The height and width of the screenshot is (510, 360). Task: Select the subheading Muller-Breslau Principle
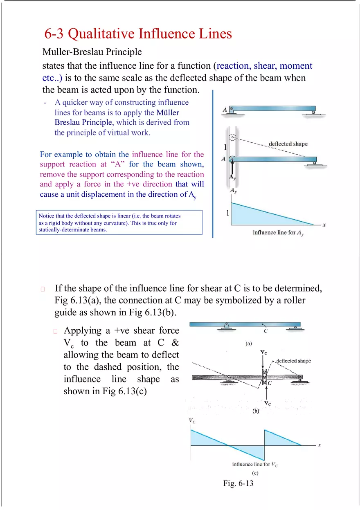coord(92,52)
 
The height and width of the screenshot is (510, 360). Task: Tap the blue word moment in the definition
coord(296,66)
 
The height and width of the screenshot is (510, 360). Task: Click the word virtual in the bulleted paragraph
coord(117,133)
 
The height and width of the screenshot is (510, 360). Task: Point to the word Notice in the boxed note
coord(47,216)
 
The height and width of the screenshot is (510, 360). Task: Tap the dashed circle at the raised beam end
coord(232,139)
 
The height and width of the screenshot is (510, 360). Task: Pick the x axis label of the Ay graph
coord(324,225)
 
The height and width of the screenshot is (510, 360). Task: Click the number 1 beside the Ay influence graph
coord(227,213)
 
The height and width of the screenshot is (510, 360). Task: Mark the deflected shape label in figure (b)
coord(293,361)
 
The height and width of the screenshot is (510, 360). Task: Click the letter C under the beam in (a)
coord(265,331)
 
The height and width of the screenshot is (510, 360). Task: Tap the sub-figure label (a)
coord(248,344)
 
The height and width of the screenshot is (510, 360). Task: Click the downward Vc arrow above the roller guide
coord(263,362)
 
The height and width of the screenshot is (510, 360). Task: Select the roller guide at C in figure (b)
coord(264,377)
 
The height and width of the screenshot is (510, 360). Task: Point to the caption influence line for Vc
coord(255,464)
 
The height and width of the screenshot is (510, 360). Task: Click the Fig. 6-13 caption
coord(239,484)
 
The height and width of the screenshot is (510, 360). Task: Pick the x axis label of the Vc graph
coord(319,445)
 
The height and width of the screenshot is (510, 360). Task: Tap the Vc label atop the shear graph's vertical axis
coord(191,420)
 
